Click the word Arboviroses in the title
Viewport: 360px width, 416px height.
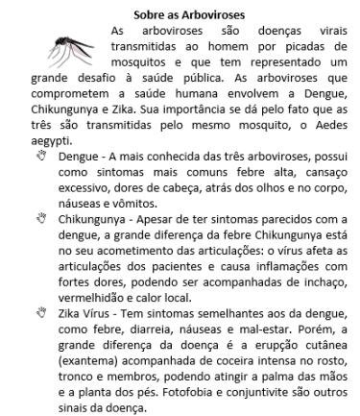coord(213,14)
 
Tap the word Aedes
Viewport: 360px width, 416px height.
coord(332,124)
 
